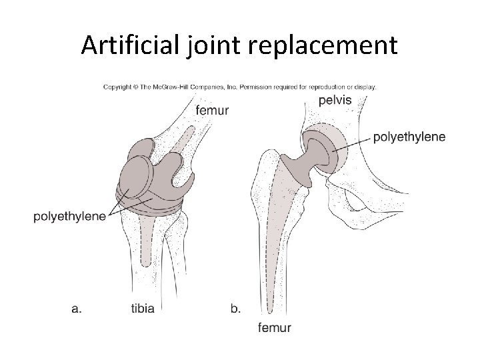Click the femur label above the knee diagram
click(212, 110)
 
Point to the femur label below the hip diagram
click(274, 327)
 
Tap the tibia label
click(145, 309)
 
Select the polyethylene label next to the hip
click(409, 137)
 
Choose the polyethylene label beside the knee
click(70, 217)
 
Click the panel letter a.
click(77, 309)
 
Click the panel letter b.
click(235, 309)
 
